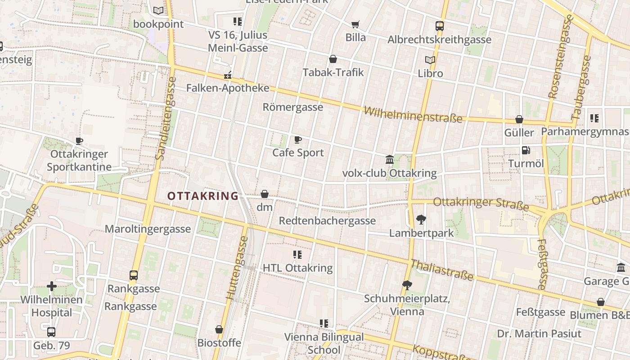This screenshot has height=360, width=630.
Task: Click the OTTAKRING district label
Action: tap(202, 196)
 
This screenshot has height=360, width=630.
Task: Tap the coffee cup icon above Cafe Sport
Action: tap(297, 140)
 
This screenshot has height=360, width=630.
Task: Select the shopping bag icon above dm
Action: tap(265, 194)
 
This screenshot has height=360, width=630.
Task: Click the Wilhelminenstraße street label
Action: tap(413, 114)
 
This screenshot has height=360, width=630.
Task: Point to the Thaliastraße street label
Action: tap(442, 270)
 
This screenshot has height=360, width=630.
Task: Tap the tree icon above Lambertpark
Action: tap(421, 220)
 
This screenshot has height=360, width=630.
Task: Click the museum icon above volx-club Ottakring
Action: tap(390, 159)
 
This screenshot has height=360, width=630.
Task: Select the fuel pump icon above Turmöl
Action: tap(526, 150)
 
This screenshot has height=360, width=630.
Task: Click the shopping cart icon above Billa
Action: tap(355, 24)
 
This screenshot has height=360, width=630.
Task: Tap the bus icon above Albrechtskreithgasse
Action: tap(440, 26)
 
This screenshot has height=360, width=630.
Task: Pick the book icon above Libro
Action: tap(430, 60)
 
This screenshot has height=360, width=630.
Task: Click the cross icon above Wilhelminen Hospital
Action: tap(52, 286)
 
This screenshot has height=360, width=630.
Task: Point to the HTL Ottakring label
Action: tap(297, 268)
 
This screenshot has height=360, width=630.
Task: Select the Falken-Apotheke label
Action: tap(228, 88)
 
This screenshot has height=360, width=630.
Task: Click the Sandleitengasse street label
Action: tap(166, 118)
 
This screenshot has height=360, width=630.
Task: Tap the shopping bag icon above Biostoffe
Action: tap(219, 329)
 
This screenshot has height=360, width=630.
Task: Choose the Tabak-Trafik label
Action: tap(333, 72)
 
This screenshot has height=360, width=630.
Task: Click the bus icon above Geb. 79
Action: tap(51, 332)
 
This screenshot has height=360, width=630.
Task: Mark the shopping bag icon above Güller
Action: tap(519, 119)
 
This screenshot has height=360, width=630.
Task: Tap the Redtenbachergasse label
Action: tap(327, 220)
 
